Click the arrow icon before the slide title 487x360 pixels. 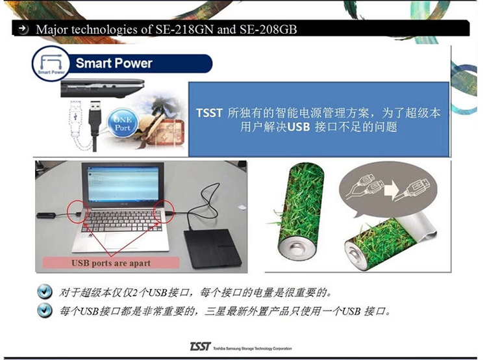pyautogui.click(x=23, y=29)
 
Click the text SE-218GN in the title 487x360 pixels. pyautogui.click(x=184, y=29)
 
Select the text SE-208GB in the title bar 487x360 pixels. pyautogui.click(x=268, y=29)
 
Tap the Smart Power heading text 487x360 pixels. pyautogui.click(x=114, y=63)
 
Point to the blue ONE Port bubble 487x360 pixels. pyautogui.click(x=122, y=123)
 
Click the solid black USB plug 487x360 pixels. pyautogui.click(x=94, y=124)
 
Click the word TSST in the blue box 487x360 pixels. pyautogui.click(x=209, y=113)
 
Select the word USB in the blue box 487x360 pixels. pyautogui.click(x=299, y=127)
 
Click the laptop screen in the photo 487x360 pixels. pyautogui.click(x=123, y=184)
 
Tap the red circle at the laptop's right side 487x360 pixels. pyautogui.click(x=164, y=211)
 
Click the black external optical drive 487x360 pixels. pyautogui.click(x=212, y=248)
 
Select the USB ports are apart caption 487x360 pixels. pyautogui.click(x=111, y=263)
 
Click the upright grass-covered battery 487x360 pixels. pyautogui.click(x=301, y=212)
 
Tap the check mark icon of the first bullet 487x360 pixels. pyautogui.click(x=44, y=292)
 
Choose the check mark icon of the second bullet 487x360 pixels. pyautogui.click(x=44, y=310)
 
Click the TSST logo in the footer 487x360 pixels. pyautogui.click(x=201, y=346)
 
